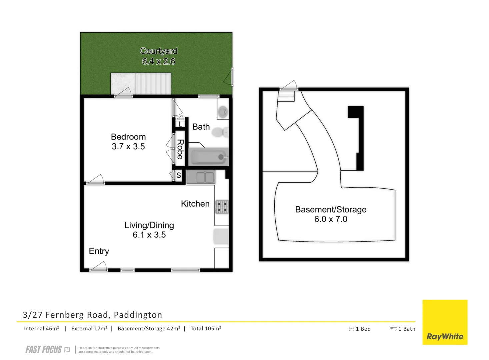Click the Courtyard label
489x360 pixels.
[158, 51]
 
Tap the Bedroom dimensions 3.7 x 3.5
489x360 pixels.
[128, 147]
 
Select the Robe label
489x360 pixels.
[180, 149]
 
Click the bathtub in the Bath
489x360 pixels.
[209, 157]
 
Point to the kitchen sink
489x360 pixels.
[201, 177]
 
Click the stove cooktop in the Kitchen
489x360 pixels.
[222, 207]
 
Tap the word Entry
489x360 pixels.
[99, 251]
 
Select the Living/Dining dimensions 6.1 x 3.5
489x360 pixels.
[149, 235]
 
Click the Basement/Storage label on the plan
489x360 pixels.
[331, 210]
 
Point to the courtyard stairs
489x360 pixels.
[153, 84]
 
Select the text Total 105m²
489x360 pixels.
[206, 329]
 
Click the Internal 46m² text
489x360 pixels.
[41, 329]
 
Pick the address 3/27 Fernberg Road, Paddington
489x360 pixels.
[92, 315]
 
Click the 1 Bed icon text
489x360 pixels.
[360, 329]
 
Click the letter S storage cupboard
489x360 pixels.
[179, 175]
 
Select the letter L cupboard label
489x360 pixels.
[180, 124]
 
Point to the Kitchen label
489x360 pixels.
[195, 204]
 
